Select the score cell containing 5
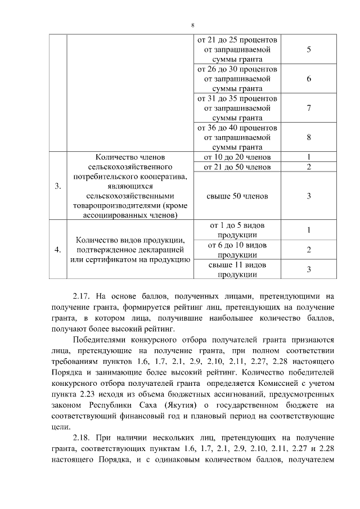coord(309,49)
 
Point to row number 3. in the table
coord(58,187)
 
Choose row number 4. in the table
coord(58,250)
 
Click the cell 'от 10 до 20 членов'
coord(237,156)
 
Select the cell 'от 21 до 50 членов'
coord(237,167)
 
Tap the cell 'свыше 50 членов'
coord(237,196)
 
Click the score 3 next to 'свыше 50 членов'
coord(309,196)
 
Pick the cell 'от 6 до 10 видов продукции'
coord(237,250)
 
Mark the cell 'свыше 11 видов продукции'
coord(237,269)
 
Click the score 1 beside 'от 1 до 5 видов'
coord(309,230)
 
